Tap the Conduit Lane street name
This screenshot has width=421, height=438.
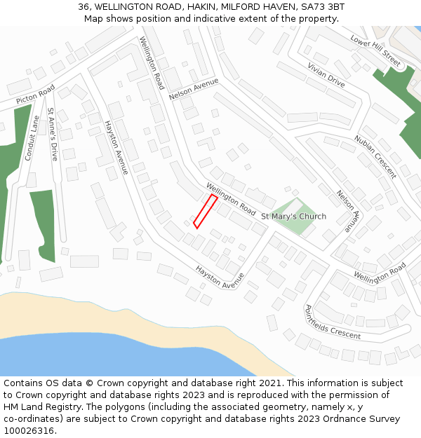pos(31,138)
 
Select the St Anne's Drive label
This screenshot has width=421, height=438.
pos(52,133)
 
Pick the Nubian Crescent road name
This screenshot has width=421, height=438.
pos(375,157)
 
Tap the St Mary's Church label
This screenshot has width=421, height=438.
pos(293,217)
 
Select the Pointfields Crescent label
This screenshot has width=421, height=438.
pos(332,322)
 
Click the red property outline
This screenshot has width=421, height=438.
pos(205,212)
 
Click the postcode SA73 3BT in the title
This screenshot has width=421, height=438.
pos(322,7)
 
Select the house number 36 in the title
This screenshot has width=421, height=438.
pos(84,7)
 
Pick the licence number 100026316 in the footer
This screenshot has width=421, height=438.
pos(29,431)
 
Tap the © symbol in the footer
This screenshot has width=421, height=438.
pos(90,383)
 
